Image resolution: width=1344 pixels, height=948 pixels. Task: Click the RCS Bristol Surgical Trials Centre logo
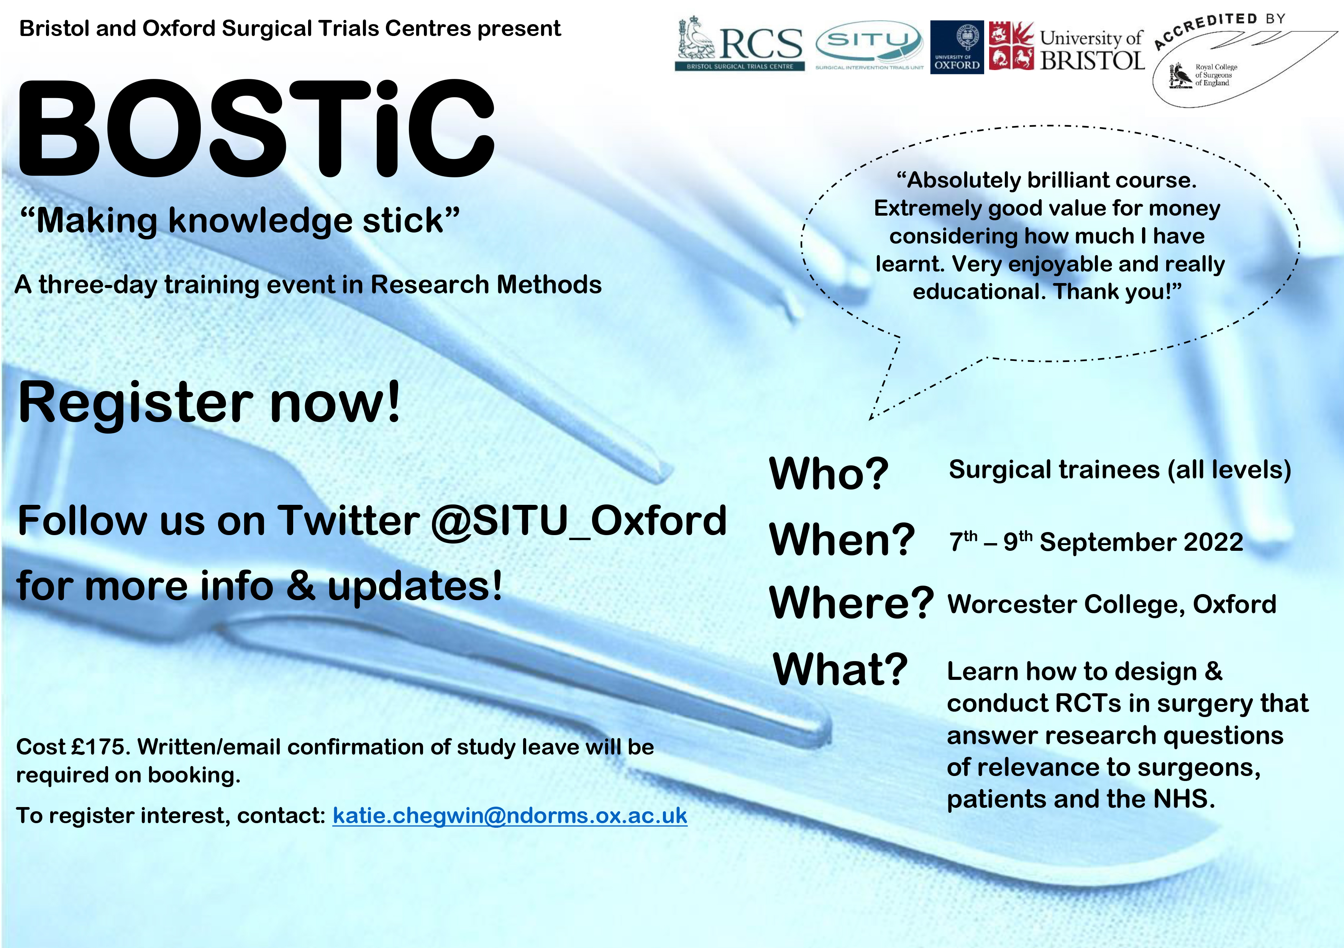740,43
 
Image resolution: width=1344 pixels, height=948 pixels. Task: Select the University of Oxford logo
957,46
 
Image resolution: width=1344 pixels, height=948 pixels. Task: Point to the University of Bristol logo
1067,46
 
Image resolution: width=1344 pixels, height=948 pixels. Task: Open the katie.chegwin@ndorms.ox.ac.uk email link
510,815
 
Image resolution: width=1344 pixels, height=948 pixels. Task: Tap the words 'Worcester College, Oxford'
1112,604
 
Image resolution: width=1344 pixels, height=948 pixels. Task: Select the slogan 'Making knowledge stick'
240,221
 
